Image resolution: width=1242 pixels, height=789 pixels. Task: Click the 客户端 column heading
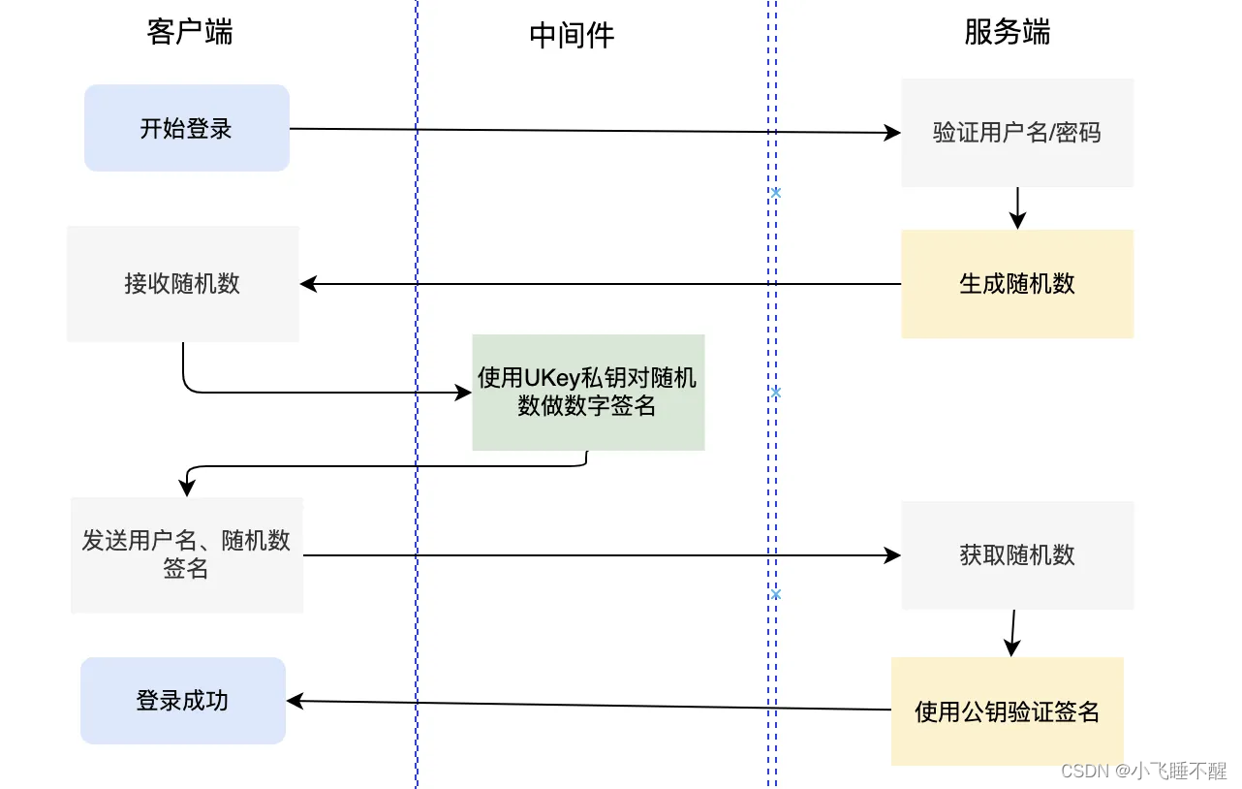[x=190, y=32]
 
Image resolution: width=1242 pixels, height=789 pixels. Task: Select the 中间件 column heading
[x=572, y=36]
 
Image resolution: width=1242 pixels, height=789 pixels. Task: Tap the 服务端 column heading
[x=1007, y=32]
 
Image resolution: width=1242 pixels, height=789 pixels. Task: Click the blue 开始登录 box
[x=187, y=128]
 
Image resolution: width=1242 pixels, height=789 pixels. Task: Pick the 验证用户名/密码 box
[x=1017, y=133]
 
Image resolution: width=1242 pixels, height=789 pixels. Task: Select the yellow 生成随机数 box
[x=1017, y=284]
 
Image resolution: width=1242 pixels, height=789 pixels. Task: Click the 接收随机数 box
[x=182, y=284]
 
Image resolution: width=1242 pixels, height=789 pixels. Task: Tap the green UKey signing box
[x=588, y=392]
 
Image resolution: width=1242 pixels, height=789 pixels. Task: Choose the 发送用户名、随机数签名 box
[x=187, y=555]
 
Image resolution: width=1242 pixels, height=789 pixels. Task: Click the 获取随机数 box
[x=1017, y=555]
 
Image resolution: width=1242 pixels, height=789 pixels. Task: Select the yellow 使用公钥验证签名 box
[x=1008, y=711]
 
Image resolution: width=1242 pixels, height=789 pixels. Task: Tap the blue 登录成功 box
[x=183, y=701]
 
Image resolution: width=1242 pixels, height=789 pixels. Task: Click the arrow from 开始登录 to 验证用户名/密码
[x=596, y=131]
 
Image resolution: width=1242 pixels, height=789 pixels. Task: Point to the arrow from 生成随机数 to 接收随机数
[x=601, y=284]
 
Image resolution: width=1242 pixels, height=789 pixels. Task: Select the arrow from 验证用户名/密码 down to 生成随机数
[x=1017, y=207]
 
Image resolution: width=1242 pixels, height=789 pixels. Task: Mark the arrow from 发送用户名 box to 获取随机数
[x=601, y=555]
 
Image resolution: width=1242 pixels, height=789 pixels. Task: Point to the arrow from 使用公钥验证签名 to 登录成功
[x=589, y=706]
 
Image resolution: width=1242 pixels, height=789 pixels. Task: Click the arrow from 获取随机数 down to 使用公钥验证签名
[x=1012, y=633]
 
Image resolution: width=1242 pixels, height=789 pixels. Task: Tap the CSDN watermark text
[x=1143, y=771]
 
